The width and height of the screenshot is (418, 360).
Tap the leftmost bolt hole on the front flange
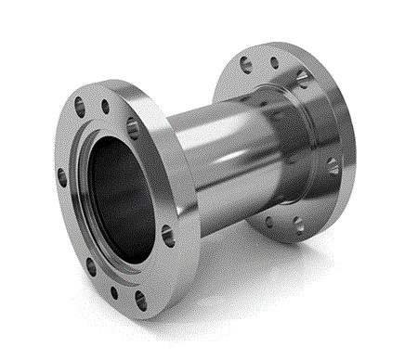[x=60, y=174]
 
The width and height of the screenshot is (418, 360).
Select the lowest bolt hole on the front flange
[x=140, y=298]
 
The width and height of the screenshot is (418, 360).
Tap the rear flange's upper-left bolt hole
[x=244, y=64]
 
